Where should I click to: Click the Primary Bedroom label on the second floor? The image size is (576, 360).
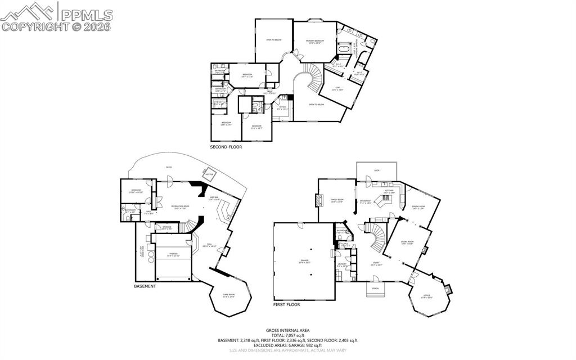point(313,42)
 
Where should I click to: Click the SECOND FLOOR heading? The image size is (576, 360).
point(227,147)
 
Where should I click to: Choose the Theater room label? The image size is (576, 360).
point(173,254)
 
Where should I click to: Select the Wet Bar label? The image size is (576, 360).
point(214,198)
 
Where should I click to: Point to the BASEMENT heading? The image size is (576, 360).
point(145,286)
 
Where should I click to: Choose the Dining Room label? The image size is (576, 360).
point(417,207)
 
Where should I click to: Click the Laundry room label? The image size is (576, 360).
point(341,264)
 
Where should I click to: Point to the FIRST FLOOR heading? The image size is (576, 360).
point(286,304)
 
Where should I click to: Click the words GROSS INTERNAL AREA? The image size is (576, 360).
point(287,330)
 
